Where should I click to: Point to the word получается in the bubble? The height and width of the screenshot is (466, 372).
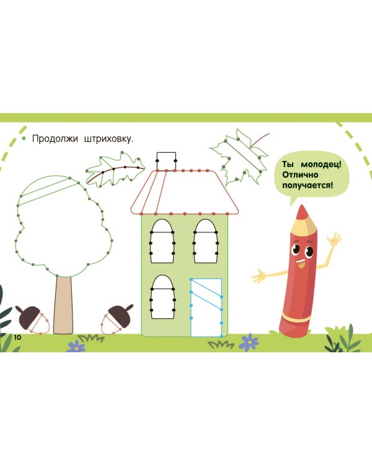click(307, 185)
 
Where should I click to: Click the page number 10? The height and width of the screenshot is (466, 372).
click(17, 337)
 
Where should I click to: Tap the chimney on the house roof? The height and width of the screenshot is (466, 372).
click(166, 160)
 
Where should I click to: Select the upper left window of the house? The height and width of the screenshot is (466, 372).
click(162, 240)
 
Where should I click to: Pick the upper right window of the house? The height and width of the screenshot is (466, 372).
click(205, 240)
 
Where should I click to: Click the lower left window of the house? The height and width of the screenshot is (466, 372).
click(162, 297)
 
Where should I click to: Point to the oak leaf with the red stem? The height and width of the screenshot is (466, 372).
click(115, 169)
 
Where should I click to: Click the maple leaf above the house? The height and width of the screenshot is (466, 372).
click(239, 156)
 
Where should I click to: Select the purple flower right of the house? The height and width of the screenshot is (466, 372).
click(249, 342)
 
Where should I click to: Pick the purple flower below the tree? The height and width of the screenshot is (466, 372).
click(76, 346)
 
